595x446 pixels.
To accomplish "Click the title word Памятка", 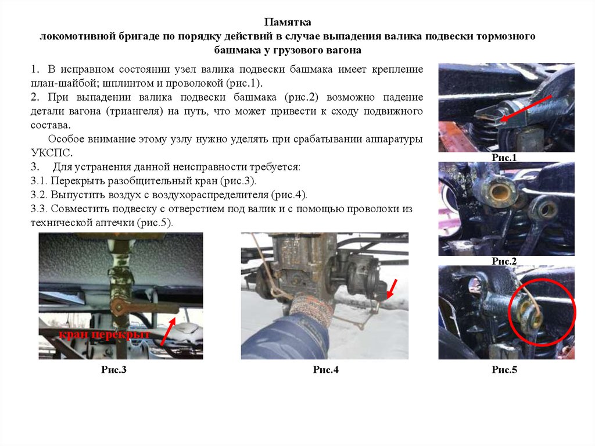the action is click(288, 22).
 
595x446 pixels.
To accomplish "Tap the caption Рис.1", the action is click(504, 158).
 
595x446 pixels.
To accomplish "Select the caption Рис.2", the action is click(504, 261).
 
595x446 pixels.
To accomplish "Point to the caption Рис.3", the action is click(113, 370).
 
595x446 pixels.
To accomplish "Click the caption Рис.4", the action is click(325, 370).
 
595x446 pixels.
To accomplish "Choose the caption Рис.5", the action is click(504, 370).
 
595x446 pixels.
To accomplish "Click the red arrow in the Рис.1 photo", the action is click(525, 109).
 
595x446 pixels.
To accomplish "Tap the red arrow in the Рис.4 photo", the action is click(392, 289).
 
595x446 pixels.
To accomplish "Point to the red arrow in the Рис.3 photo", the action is click(168, 331).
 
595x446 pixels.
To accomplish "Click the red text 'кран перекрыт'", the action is click(105, 335).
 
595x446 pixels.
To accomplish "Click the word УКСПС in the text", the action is click(51, 153).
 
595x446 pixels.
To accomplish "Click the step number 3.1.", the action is click(39, 181).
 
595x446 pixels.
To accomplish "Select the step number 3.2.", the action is click(39, 195).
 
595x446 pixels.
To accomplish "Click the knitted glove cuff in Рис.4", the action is click(311, 308).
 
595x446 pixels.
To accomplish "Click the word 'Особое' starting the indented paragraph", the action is click(66, 139).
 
